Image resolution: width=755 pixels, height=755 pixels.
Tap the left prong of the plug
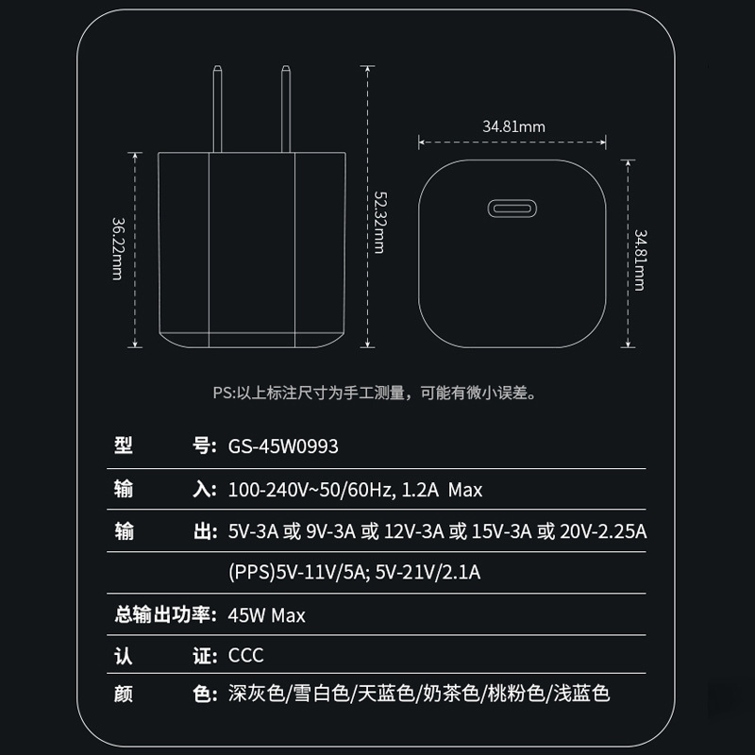217,108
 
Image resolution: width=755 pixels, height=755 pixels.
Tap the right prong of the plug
284,108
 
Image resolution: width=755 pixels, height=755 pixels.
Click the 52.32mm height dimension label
378,222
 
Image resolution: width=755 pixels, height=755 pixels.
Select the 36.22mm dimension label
118,248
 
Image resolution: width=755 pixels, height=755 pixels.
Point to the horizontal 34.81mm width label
513,126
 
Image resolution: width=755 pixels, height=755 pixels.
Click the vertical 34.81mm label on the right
640,258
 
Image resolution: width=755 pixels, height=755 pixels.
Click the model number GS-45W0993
283,446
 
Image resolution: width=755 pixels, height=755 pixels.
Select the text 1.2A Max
442,490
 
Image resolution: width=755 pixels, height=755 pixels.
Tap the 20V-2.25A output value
603,532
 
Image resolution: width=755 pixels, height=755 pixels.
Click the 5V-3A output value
252,532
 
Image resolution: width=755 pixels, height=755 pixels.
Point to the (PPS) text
250,572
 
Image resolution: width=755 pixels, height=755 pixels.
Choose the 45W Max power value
267,615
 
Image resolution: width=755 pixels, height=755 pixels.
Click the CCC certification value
246,655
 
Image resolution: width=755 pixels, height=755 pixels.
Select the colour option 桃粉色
516,695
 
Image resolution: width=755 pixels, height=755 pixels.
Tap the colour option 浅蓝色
582,695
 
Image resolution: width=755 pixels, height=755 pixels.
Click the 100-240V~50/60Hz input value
310,490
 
